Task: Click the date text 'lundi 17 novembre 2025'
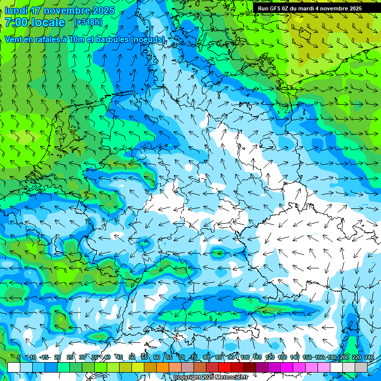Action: (60, 10)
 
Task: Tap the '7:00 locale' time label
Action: (35, 22)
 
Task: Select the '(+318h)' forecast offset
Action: (88, 22)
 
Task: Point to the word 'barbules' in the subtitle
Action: (108, 39)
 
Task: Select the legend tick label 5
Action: (19, 357)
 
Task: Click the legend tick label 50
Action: (132, 357)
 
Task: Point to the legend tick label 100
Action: (245, 357)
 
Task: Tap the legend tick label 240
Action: (369, 357)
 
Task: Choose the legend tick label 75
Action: (194, 357)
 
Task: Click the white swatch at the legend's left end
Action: (13, 367)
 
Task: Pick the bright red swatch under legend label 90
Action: (225, 367)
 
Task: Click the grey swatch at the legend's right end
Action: (361, 367)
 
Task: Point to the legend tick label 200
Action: (344, 357)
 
